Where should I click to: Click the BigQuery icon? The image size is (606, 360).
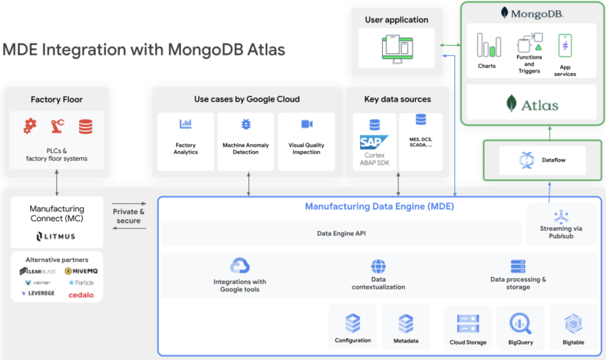[520, 323]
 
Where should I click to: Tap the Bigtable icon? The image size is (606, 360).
[573, 323]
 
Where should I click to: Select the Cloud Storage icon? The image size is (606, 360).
[468, 324]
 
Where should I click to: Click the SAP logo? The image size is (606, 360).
[374, 142]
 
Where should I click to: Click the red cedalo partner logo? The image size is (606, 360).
[81, 295]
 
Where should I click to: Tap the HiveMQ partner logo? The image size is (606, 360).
[81, 271]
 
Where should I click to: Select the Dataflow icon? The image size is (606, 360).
[527, 160]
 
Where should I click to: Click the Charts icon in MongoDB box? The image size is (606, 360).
[489, 45]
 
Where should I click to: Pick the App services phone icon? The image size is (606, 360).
[565, 46]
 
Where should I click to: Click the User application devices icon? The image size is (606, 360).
[397, 49]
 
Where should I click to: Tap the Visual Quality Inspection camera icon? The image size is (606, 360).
[307, 124]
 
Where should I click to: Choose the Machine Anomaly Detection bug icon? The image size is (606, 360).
[246, 124]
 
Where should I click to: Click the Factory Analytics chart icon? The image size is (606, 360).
[185, 124]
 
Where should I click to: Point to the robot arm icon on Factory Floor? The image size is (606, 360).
[58, 126]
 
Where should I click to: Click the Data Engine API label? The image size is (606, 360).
[341, 233]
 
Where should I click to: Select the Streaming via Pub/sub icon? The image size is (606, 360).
[561, 217]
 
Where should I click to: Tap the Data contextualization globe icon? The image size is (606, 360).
[378, 266]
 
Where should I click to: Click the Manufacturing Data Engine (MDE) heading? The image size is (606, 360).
[379, 206]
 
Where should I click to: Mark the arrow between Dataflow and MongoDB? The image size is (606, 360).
[549, 133]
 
